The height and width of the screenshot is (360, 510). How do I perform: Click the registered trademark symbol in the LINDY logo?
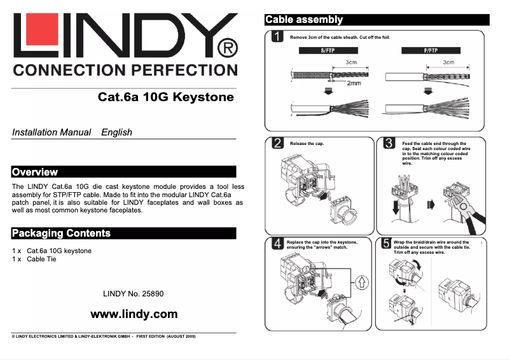(227, 48)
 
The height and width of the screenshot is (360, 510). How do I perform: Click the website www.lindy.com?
(134, 314)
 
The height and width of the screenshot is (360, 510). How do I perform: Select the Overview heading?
(35, 172)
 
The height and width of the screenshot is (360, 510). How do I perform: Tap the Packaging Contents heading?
(61, 233)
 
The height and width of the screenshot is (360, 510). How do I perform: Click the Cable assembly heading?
(304, 20)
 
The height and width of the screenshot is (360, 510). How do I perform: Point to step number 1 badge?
(277, 36)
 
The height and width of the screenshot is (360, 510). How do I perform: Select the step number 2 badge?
(277, 144)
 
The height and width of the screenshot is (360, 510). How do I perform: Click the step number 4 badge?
(277, 243)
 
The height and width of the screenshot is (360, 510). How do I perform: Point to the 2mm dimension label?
(354, 83)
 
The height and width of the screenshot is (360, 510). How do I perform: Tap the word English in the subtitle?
(117, 132)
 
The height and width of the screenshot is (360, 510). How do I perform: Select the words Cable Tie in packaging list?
(41, 260)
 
